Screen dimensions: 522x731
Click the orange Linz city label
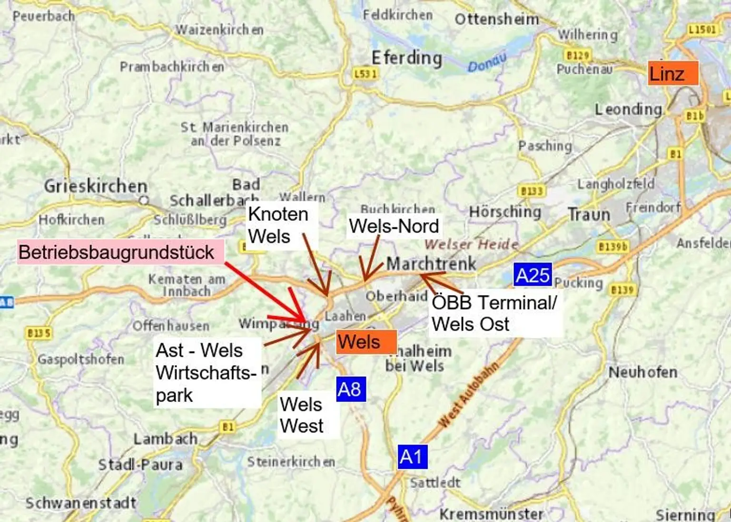[x=672, y=73]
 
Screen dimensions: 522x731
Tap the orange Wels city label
[x=366, y=342]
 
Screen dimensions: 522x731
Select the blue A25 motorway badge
[x=533, y=275]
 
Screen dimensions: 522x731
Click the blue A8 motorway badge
[x=351, y=389]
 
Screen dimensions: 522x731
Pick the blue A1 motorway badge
[x=412, y=457]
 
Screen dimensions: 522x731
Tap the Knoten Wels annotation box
[x=278, y=225]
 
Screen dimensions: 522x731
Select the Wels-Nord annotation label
[x=394, y=226]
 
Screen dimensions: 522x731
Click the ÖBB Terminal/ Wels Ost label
[x=494, y=313]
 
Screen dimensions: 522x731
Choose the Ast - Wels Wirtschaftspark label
[x=207, y=373]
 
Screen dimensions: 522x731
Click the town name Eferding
[x=407, y=58]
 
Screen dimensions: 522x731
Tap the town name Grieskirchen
[x=96, y=186]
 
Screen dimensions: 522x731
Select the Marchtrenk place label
[x=431, y=263]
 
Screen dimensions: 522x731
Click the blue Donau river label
[x=486, y=63]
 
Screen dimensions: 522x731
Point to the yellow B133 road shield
[x=531, y=191]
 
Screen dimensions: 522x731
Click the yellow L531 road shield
[x=365, y=74]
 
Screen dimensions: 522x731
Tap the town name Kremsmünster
[x=491, y=514]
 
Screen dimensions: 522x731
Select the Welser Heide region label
[x=471, y=244]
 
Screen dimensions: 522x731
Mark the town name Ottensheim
[x=497, y=20]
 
